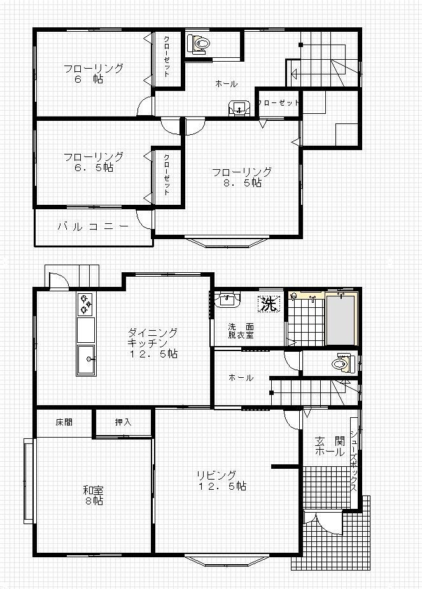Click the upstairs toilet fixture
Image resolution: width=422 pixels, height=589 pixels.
pos(199,45)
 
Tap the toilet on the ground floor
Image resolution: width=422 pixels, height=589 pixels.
pos(342,363)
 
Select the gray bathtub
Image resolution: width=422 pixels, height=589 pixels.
pos(341,321)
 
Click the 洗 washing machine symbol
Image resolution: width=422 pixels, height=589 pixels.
pos(269,303)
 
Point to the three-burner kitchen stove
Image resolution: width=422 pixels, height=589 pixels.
pos(86,304)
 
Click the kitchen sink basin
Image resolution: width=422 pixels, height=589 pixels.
pos(86,360)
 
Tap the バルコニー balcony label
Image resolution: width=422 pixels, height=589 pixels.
pos(93,226)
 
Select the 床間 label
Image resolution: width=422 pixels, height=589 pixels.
pos(64,422)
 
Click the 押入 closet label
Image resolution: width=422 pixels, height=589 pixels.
pos(123,422)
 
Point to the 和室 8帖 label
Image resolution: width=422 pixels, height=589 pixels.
pos(93,495)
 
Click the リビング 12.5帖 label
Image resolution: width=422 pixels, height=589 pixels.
pos(222,481)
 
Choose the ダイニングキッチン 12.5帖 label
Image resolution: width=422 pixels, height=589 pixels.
pos(153,343)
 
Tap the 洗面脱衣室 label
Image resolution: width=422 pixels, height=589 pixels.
pos(241,331)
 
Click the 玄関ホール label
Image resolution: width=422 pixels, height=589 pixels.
pos(330,446)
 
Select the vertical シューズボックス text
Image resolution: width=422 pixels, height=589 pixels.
pos(354,461)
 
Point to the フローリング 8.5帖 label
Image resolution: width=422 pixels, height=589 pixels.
pos(242,177)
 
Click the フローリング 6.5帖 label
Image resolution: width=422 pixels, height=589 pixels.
pos(94,162)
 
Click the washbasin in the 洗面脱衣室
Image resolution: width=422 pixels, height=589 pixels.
pos(227,300)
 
